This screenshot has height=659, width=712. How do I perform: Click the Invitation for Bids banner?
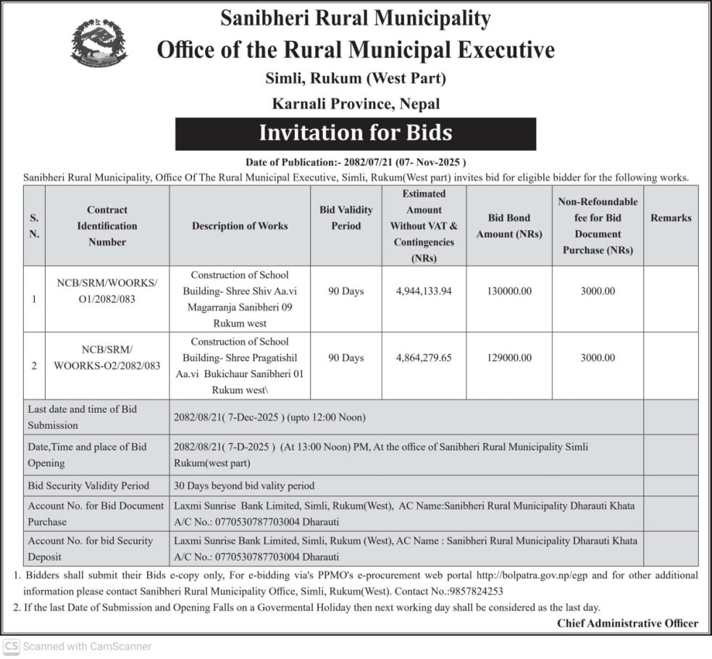coord(355,133)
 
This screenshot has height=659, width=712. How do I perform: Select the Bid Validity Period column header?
coord(346,218)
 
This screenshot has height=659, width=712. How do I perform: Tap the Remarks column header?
coord(671,218)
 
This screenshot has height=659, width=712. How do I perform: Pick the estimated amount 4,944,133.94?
coord(424,291)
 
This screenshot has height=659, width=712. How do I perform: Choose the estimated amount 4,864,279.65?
coord(424,358)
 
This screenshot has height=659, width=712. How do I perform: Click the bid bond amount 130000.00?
coord(508,291)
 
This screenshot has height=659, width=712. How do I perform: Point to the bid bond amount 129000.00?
coord(508,358)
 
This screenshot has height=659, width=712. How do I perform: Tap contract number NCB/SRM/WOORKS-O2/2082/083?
coord(107,358)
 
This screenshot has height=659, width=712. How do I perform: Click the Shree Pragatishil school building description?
coord(240,366)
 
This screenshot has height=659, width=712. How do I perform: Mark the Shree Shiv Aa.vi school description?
coord(240,299)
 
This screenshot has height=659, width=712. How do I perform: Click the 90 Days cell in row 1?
coord(346,291)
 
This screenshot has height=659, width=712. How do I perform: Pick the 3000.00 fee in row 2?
coord(598,358)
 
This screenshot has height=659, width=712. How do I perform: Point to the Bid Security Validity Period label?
coord(88,486)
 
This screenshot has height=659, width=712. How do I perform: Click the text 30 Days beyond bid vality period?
coord(245,486)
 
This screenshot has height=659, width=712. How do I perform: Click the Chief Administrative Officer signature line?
coord(627,623)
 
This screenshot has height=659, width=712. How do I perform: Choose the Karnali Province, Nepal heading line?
coord(356,104)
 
